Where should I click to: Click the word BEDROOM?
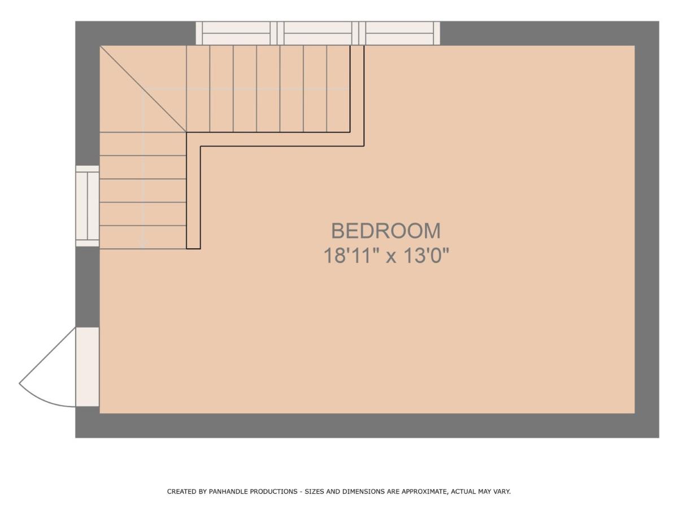click(385, 231)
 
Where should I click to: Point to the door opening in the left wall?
click(88, 367)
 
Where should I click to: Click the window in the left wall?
click(88, 206)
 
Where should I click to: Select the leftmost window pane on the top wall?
click(236, 33)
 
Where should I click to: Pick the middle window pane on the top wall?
click(318, 33)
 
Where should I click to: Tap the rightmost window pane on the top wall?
click(399, 33)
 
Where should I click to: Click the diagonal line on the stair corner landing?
click(143, 89)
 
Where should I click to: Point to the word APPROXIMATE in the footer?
click(424, 491)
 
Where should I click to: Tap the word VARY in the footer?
click(501, 491)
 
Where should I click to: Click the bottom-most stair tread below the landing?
click(143, 238)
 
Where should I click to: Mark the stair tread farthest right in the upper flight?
click(338, 89)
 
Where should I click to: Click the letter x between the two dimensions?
click(391, 257)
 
